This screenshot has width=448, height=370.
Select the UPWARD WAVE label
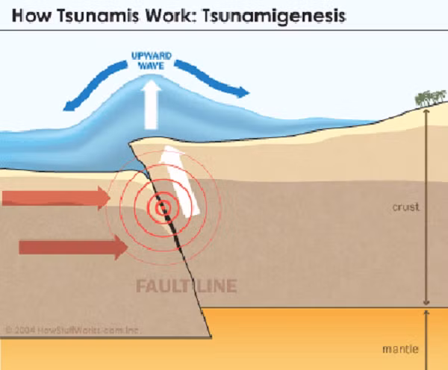pos(154,60)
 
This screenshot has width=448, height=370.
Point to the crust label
pos(405,207)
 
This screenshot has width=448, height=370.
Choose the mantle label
pos(406,348)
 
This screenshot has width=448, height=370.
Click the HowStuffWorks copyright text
pos(71,329)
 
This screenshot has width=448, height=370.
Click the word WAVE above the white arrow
pos(154,65)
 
